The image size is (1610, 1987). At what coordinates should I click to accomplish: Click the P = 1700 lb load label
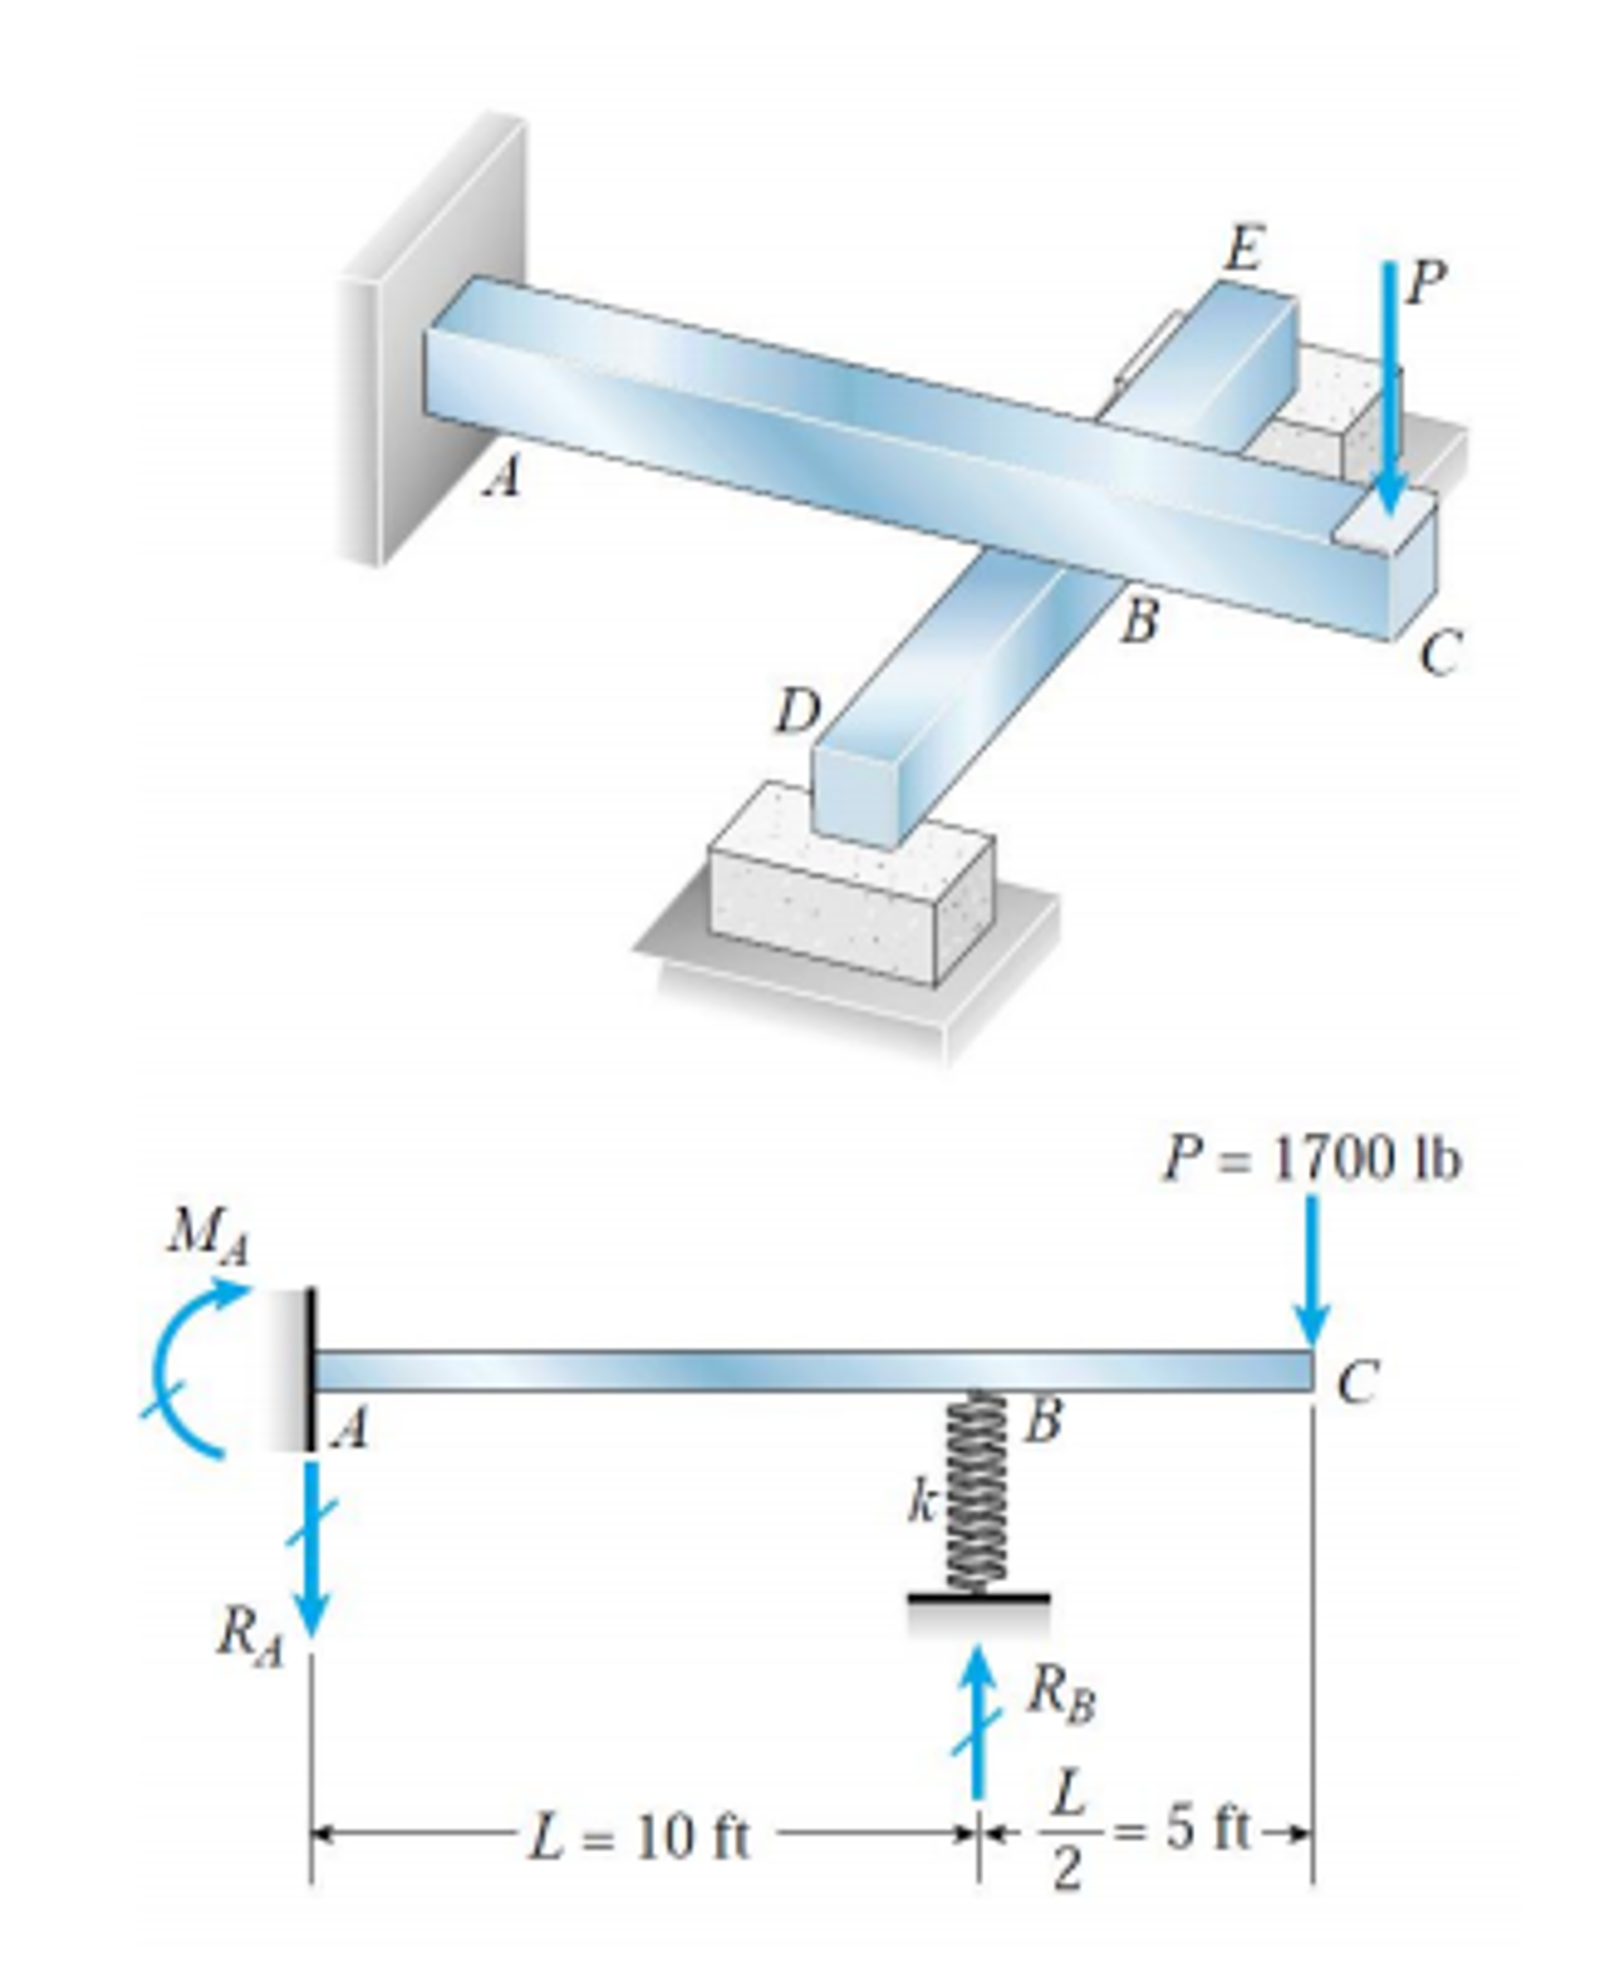tap(1311, 1160)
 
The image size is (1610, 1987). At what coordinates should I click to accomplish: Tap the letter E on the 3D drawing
tap(1243, 250)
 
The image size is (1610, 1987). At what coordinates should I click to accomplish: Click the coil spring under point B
tap(977, 1491)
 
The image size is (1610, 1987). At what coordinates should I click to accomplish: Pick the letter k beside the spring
tap(920, 1504)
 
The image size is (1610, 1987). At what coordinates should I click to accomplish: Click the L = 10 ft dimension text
tap(638, 1837)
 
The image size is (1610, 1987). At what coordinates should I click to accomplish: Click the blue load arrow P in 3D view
tap(1390, 388)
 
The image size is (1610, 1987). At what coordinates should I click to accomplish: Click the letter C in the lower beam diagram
tap(1356, 1384)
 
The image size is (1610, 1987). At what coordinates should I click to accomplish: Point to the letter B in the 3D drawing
tap(1138, 622)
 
